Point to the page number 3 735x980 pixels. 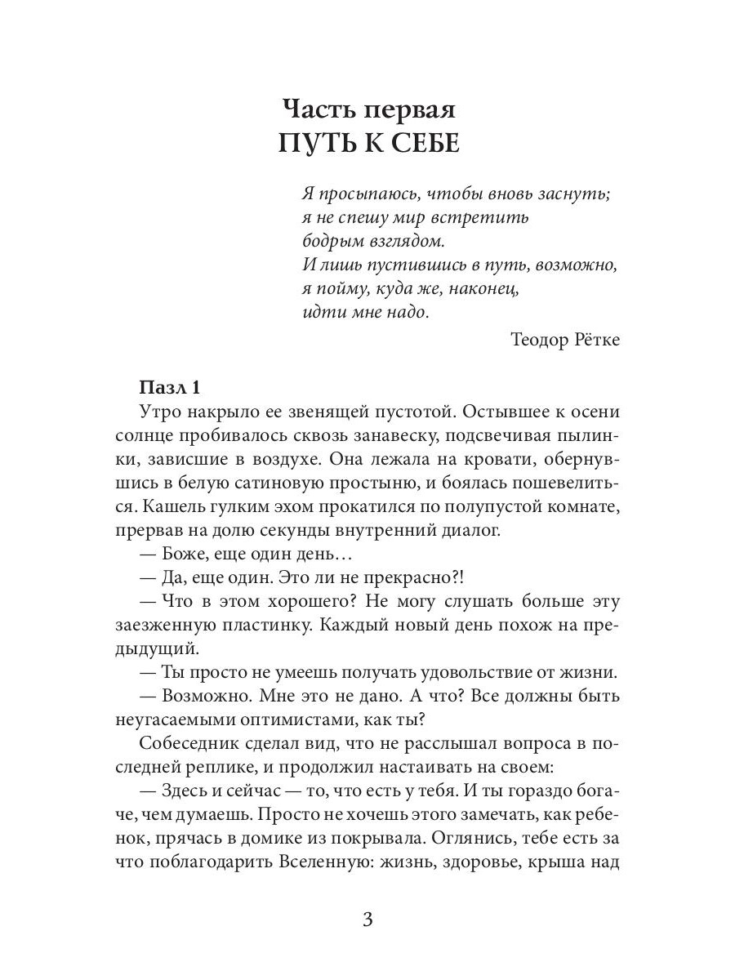[367, 920]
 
